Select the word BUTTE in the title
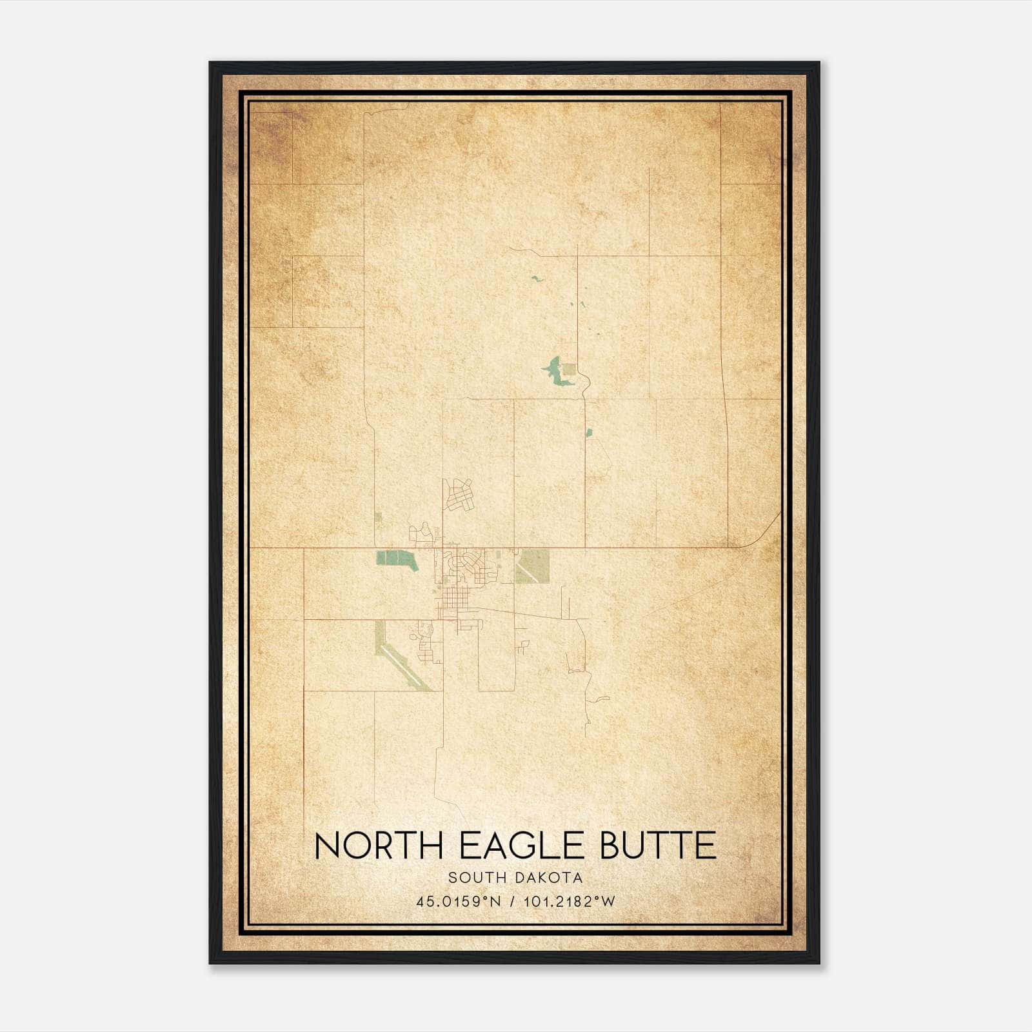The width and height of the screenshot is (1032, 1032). pyautogui.click(x=658, y=846)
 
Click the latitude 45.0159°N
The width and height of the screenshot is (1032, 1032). pyautogui.click(x=459, y=901)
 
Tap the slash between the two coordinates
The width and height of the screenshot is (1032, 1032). pyautogui.click(x=511, y=901)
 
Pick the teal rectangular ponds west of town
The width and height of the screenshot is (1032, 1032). pyautogui.click(x=395, y=559)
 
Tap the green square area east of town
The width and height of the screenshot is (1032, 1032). pyautogui.click(x=533, y=566)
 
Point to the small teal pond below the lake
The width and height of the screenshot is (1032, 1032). pyautogui.click(x=588, y=432)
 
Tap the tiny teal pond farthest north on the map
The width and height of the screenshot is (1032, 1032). pyautogui.click(x=535, y=279)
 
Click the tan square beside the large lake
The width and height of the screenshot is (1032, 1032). pyautogui.click(x=569, y=370)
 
